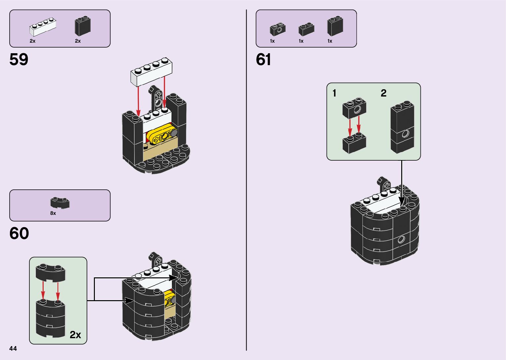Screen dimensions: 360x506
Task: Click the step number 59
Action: (x=19, y=60)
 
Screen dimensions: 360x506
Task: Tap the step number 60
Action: (x=19, y=234)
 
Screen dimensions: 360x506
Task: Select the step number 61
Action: (x=263, y=60)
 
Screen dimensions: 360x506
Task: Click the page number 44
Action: (x=13, y=348)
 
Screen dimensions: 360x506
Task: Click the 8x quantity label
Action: (x=53, y=213)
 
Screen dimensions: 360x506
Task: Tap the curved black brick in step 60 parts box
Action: (x=60, y=203)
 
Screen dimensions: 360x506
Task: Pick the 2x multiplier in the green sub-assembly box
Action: (x=75, y=335)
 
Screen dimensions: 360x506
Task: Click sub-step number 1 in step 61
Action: (x=334, y=94)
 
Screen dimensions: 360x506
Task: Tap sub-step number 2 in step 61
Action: (x=383, y=93)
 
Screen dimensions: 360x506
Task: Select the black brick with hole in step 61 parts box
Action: (x=278, y=29)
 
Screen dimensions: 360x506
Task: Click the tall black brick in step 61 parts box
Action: (x=335, y=26)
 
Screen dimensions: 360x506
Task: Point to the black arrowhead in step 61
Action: (x=402, y=201)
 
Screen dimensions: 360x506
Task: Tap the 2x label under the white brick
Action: (x=32, y=41)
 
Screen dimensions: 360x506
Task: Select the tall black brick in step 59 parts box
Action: (x=82, y=26)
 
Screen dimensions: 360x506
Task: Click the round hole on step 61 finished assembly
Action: (x=401, y=239)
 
